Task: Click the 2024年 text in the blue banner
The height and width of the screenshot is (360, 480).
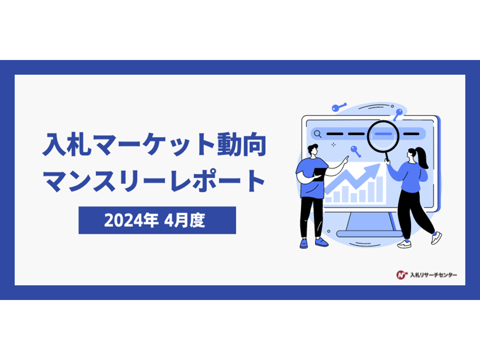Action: click(131, 220)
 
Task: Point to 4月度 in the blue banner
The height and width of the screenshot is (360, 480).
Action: click(184, 220)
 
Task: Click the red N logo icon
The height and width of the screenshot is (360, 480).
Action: click(401, 275)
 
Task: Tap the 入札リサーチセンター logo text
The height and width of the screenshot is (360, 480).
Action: click(433, 275)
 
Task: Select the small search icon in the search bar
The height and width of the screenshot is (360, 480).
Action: click(318, 134)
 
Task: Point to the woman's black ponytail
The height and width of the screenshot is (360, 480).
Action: click(422, 157)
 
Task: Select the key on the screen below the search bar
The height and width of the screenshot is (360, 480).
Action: click(355, 151)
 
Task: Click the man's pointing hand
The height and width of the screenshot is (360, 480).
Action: click(346, 160)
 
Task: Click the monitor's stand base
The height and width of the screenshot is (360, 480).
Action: click(369, 234)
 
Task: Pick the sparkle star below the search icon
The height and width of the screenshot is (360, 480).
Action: click(333, 144)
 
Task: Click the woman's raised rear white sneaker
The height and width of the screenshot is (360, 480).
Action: click(436, 238)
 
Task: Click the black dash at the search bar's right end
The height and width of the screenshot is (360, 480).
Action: click(411, 134)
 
